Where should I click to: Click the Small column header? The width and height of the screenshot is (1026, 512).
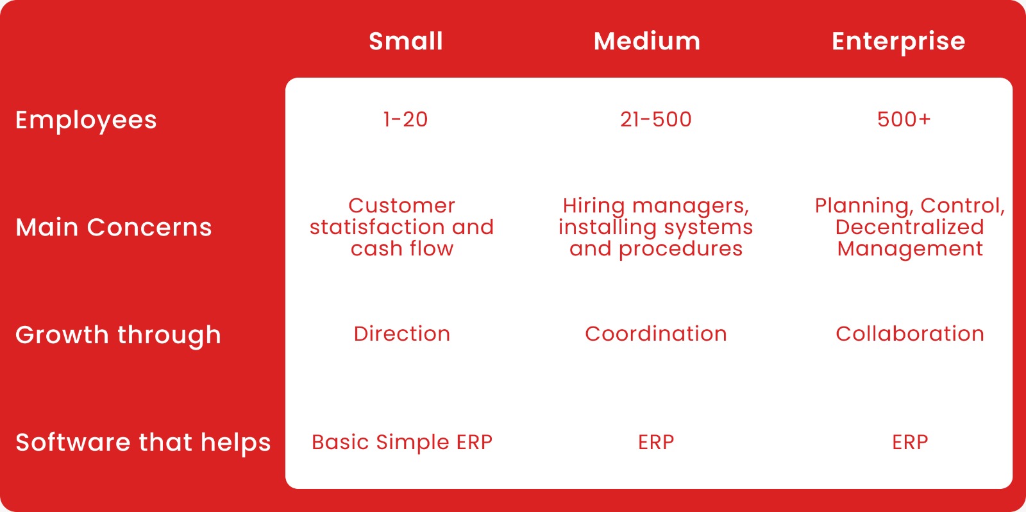[405, 41]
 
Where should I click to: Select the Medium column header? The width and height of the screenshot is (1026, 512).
[647, 41]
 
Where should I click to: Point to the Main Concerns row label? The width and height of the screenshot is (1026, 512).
[114, 227]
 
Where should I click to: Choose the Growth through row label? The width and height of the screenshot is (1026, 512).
[118, 335]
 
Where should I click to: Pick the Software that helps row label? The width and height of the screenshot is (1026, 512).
[143, 443]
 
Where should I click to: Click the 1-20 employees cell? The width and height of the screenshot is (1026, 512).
[405, 119]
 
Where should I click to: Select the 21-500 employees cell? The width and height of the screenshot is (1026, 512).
[656, 119]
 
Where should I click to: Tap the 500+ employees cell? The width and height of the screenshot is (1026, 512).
[904, 119]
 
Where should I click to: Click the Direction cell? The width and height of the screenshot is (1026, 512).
[401, 334]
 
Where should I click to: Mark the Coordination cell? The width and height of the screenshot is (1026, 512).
[656, 334]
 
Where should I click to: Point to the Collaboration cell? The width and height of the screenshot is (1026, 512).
[910, 334]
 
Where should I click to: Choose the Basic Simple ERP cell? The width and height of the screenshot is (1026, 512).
[401, 442]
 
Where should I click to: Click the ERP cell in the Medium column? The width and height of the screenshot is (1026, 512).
[656, 442]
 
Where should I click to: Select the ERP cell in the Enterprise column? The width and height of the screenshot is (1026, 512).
[910, 442]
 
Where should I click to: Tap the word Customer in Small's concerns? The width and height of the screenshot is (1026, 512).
[401, 206]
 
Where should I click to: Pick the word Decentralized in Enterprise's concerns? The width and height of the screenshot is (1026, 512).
[910, 227]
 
